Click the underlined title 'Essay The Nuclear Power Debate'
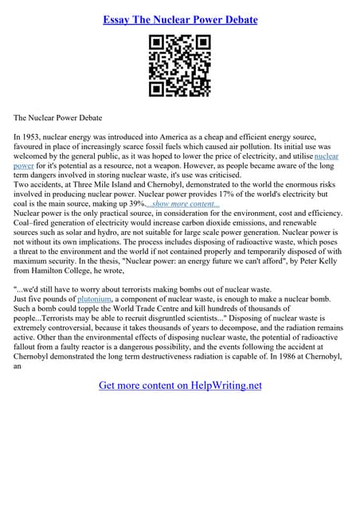tap(180, 19)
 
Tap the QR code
tap(180, 66)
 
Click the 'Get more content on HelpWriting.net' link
tap(180, 386)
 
